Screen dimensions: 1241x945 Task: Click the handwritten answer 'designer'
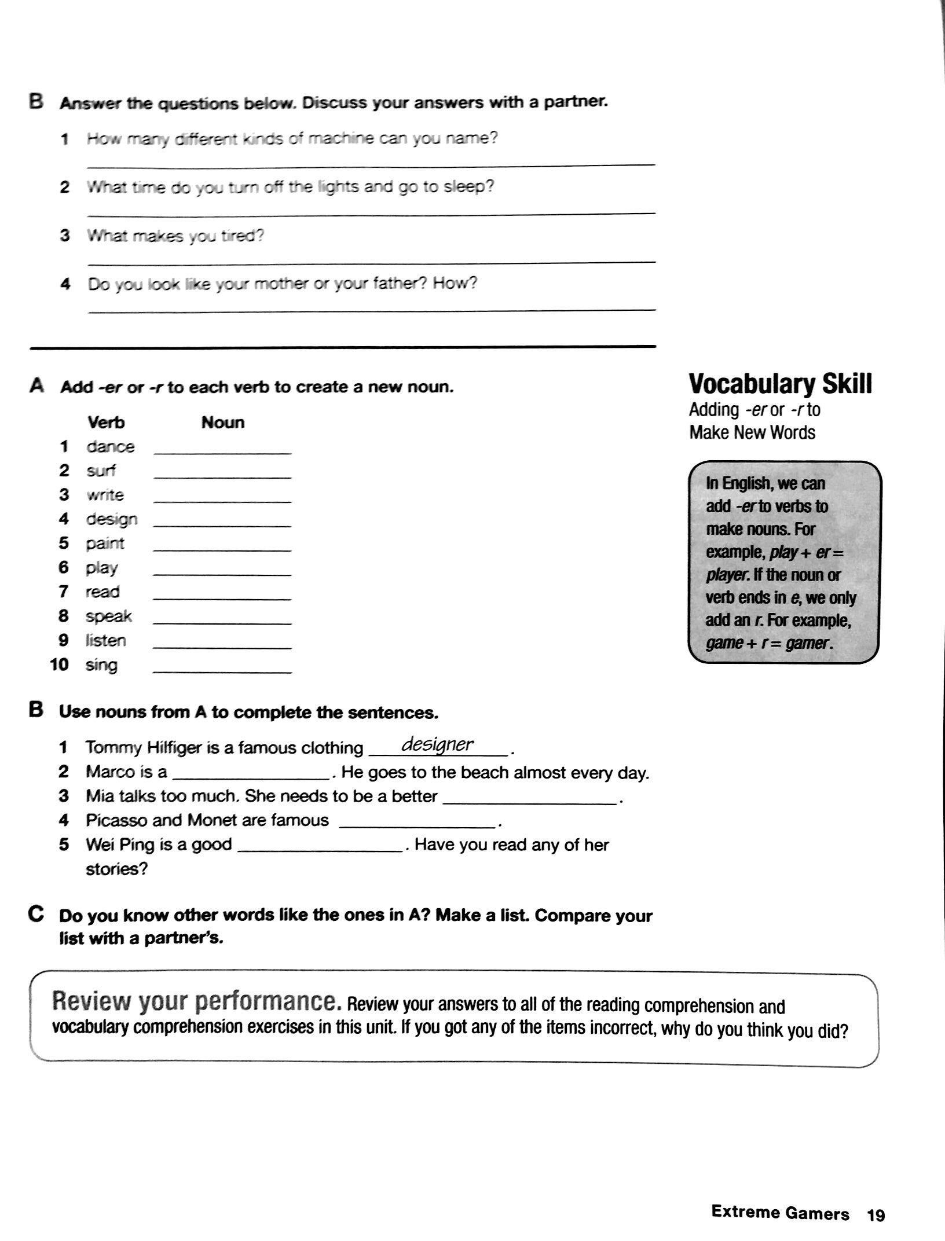pyautogui.click(x=438, y=745)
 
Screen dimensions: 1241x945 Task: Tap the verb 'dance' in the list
pyautogui.click(x=110, y=447)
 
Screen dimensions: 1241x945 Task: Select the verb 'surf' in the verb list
pyautogui.click(x=101, y=471)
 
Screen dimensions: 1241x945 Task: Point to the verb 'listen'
pyautogui.click(x=105, y=641)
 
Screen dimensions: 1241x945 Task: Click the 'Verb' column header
pyautogui.click(x=106, y=423)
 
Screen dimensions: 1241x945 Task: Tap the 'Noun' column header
pyautogui.click(x=223, y=423)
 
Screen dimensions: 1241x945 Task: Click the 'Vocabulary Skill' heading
pyautogui.click(x=780, y=384)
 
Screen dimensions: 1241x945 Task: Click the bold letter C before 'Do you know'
pyautogui.click(x=36, y=915)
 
